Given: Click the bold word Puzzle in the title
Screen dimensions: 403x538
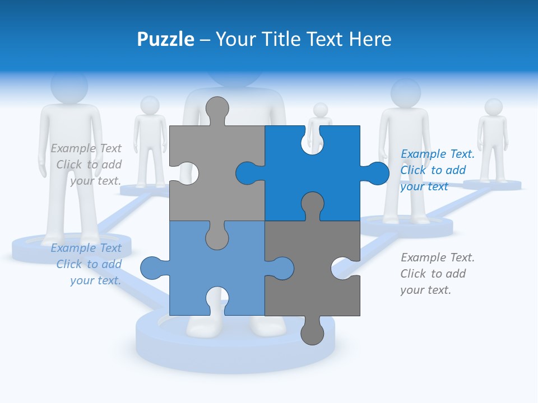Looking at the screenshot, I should click(x=165, y=40).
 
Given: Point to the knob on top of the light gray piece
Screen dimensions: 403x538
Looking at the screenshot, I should click(x=217, y=109).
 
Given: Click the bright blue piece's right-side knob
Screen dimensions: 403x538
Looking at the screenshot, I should click(x=377, y=174).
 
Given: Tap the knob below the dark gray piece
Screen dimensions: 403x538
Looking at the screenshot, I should click(x=312, y=332).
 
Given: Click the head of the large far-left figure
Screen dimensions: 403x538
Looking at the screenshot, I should click(x=69, y=87).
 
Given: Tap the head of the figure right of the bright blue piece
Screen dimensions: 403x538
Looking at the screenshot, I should click(x=405, y=93).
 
